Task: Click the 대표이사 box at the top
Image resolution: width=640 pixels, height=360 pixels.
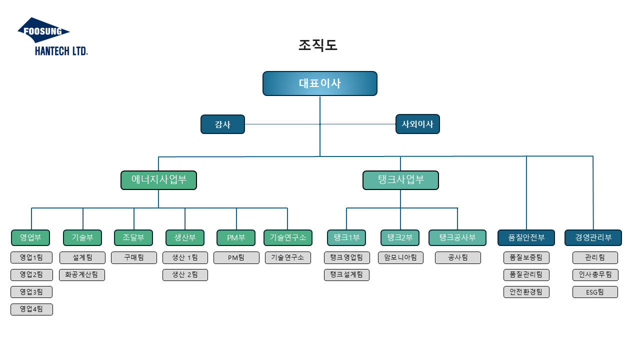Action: pyautogui.click(x=320, y=83)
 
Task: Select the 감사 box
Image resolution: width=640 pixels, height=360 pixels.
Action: pyautogui.click(x=222, y=124)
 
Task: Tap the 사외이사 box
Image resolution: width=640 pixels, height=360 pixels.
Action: pyautogui.click(x=417, y=124)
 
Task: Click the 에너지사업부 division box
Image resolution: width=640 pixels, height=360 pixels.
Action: pyautogui.click(x=158, y=180)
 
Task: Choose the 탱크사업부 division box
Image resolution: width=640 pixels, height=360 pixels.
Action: pyautogui.click(x=400, y=180)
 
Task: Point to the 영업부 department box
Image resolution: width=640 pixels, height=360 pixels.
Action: pyautogui.click(x=30, y=237)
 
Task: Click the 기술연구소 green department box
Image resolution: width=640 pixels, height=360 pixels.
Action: pyautogui.click(x=287, y=237)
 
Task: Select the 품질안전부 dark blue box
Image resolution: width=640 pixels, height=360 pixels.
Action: pyautogui.click(x=526, y=237)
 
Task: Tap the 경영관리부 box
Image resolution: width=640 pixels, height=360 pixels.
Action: pyautogui.click(x=593, y=237)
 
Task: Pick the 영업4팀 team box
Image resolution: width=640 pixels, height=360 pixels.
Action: pyautogui.click(x=31, y=309)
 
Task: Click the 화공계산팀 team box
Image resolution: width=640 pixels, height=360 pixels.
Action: pyautogui.click(x=82, y=274)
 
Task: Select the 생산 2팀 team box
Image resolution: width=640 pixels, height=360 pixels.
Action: pyautogui.click(x=185, y=274)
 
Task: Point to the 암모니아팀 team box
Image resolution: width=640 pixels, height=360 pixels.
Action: pyautogui.click(x=400, y=257)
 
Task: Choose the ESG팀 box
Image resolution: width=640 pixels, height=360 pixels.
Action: pyautogui.click(x=595, y=292)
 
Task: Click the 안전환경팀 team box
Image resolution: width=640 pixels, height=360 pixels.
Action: pyautogui.click(x=526, y=292)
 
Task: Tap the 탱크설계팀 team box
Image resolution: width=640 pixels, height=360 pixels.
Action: pyautogui.click(x=346, y=274)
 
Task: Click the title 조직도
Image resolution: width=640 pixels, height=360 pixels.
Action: pyautogui.click(x=318, y=45)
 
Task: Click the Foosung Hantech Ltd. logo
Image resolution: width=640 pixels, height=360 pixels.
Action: pyautogui.click(x=52, y=36)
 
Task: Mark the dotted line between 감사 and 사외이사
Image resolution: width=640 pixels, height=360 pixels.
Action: pyautogui.click(x=320, y=124)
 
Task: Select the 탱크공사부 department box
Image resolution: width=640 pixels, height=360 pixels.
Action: pyautogui.click(x=457, y=237)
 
